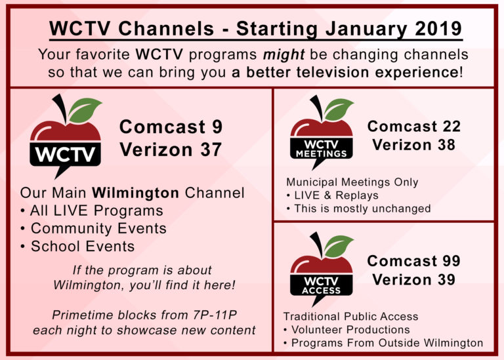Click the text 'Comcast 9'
pyautogui.click(x=171, y=127)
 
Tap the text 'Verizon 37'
pyautogui.click(x=171, y=150)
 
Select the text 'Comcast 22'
pyautogui.click(x=413, y=126)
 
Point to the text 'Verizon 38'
pyautogui.click(x=413, y=145)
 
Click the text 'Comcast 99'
pyautogui.click(x=413, y=260)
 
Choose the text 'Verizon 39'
pyautogui.click(x=413, y=279)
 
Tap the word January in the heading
pyautogui.click(x=346, y=30)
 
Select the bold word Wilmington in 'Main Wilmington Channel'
pyautogui.click(x=135, y=193)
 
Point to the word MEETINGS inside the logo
pyautogui.click(x=322, y=153)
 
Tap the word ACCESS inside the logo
pyautogui.click(x=322, y=290)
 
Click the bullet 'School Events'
pyautogui.click(x=82, y=247)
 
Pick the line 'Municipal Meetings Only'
pyautogui.click(x=352, y=182)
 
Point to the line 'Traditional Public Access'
pyautogui.click(x=350, y=316)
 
